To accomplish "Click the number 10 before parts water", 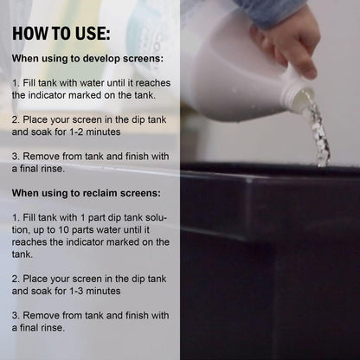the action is [x=63, y=230].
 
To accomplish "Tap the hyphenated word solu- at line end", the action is [x=156, y=217].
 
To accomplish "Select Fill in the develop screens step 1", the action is [x=29, y=83].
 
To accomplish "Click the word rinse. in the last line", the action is [x=52, y=328].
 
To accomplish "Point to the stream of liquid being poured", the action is [x=318, y=130].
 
